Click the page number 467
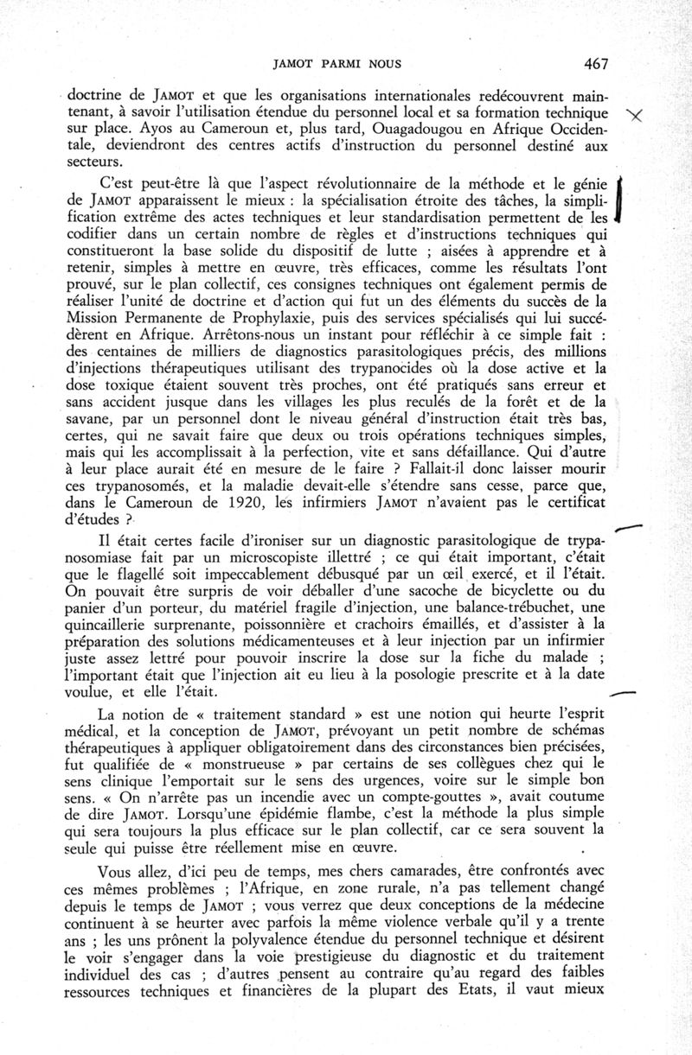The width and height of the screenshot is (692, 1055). pyautogui.click(x=597, y=63)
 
